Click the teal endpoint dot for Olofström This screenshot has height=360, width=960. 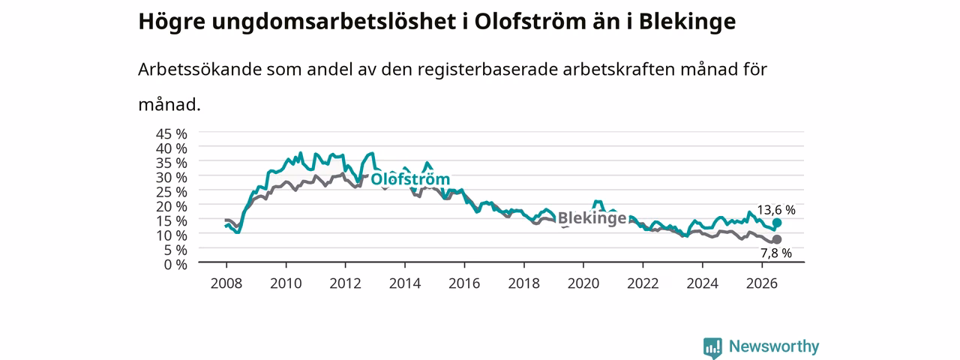point(776,223)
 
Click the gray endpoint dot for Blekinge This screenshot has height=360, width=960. point(776,239)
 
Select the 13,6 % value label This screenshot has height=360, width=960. point(775,210)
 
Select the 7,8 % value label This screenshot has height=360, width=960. point(776,253)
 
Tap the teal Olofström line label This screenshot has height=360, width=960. point(410,178)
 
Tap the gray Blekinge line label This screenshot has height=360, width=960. point(592,218)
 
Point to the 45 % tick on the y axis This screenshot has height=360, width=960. point(172,134)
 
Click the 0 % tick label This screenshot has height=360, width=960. point(175,265)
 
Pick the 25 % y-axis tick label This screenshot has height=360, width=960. point(172,192)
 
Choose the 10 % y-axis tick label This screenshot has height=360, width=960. point(172,235)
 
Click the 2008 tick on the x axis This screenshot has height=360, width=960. point(226,283)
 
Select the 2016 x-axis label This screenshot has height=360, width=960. point(464,283)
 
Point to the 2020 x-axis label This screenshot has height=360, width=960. point(583,283)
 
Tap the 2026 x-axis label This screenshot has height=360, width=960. point(762,283)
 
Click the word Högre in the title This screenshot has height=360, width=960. point(172,22)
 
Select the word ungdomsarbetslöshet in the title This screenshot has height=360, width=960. point(334,22)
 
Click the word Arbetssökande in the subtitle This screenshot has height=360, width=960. point(199,69)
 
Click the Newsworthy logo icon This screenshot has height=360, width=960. point(712,347)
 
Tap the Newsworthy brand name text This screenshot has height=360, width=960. point(774,346)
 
